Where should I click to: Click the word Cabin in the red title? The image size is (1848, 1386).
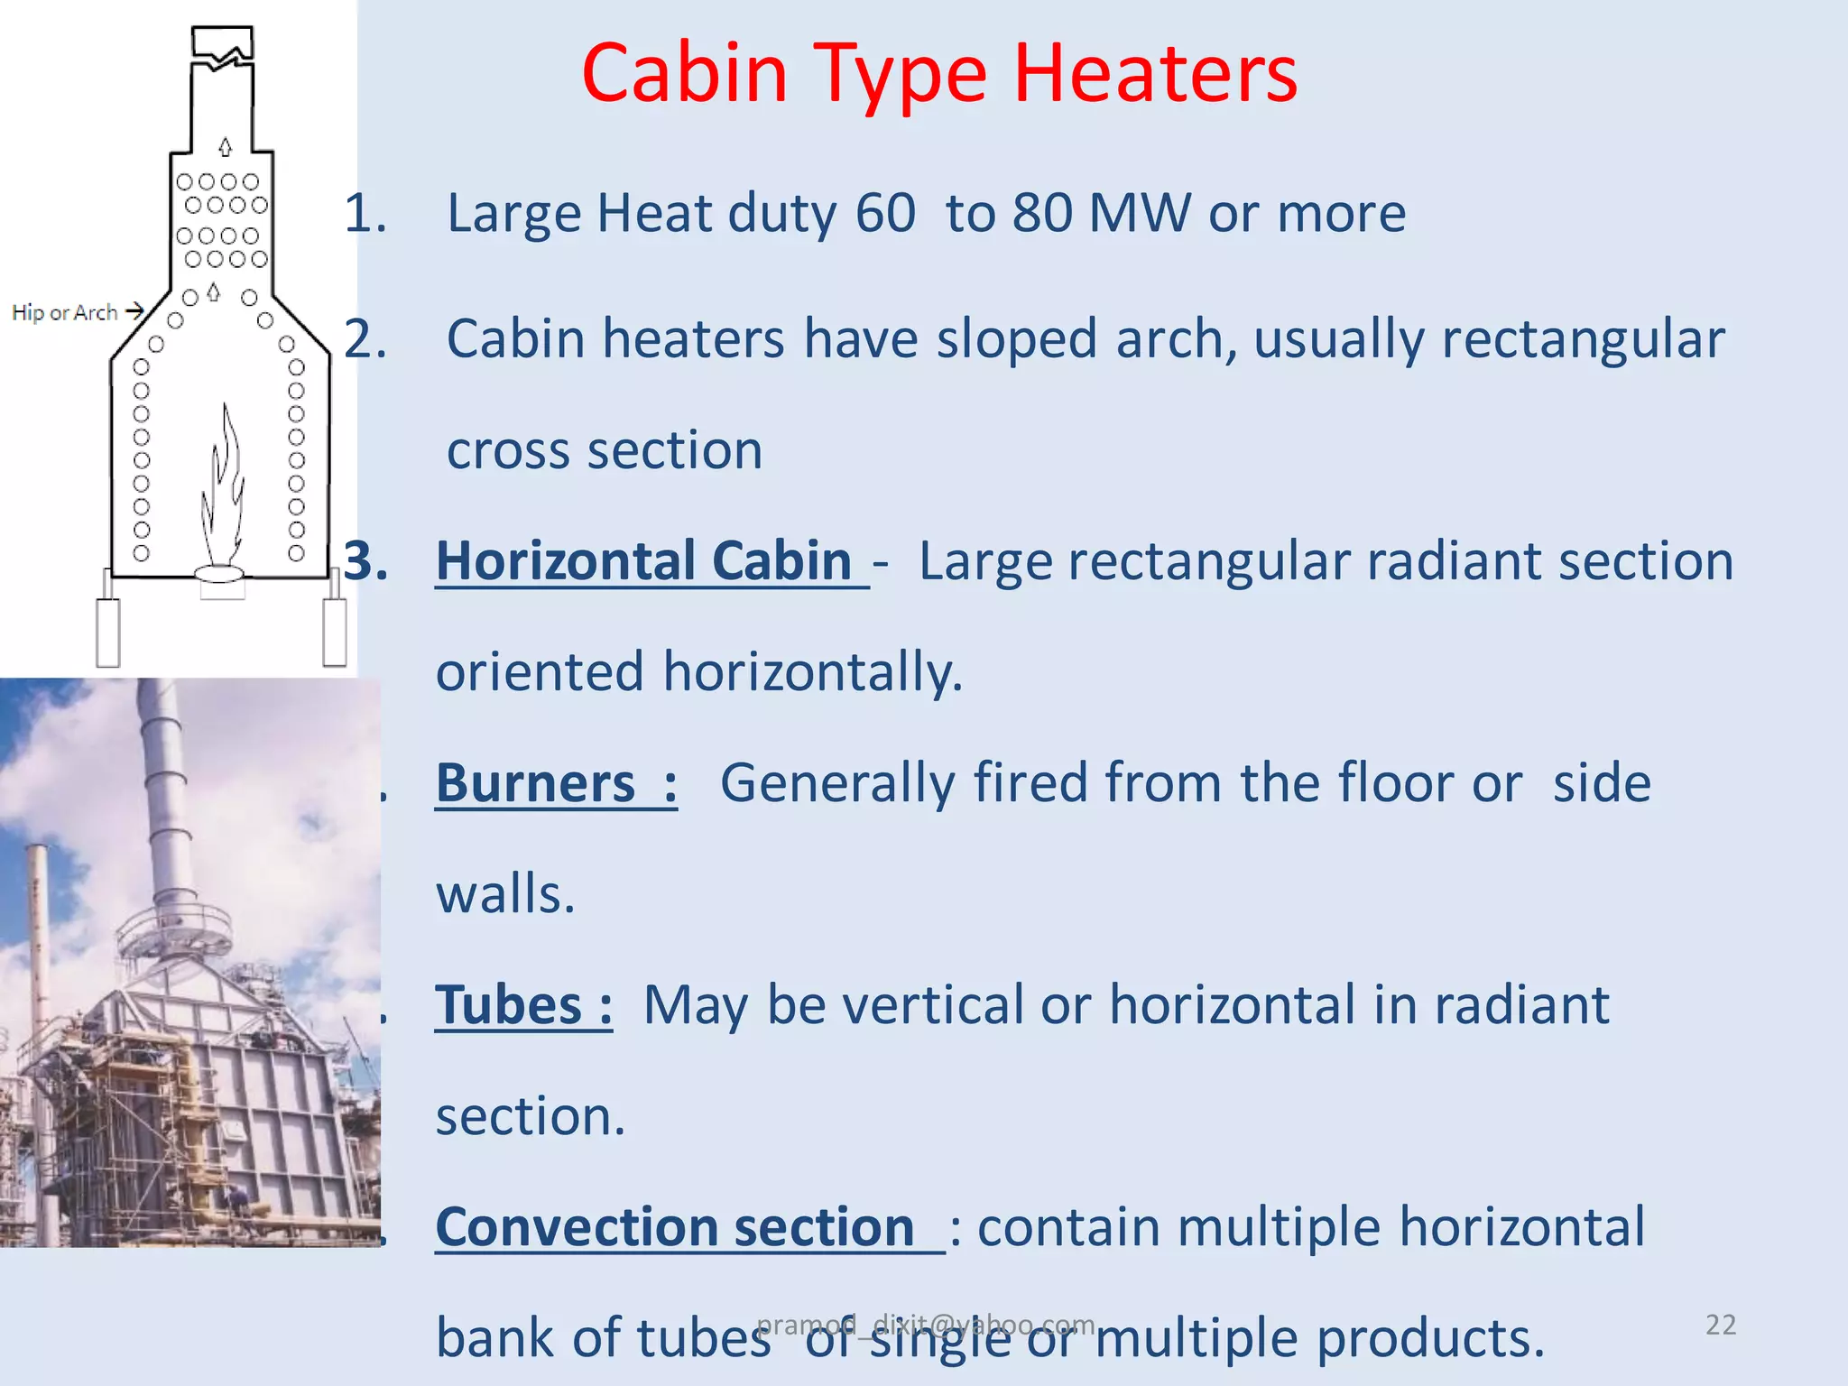[x=685, y=74]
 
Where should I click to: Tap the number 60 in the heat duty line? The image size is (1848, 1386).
[x=884, y=214]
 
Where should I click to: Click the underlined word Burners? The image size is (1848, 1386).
[x=536, y=783]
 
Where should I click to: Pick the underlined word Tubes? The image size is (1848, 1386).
[x=509, y=1005]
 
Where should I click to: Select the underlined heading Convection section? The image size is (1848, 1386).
[x=675, y=1227]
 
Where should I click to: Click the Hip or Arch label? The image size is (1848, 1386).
[x=64, y=313]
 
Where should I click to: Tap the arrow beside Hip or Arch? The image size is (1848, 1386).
[x=134, y=311]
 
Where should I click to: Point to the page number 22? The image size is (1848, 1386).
[x=1720, y=1325]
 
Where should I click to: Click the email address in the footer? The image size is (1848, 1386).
[x=925, y=1325]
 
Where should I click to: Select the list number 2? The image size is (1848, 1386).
[x=365, y=339]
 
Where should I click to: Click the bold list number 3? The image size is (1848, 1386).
[x=365, y=561]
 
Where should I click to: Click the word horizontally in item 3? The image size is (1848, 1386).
[x=812, y=672]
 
